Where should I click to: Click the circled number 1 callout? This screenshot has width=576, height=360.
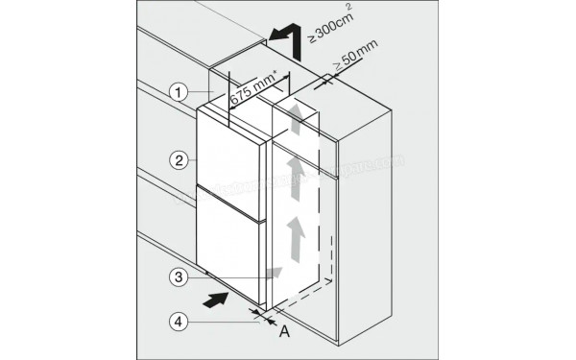click(x=179, y=93)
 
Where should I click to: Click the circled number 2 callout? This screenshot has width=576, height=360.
click(x=179, y=156)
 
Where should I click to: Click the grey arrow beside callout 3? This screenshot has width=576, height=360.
click(x=274, y=273)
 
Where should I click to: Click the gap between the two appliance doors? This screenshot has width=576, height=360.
click(x=228, y=187)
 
